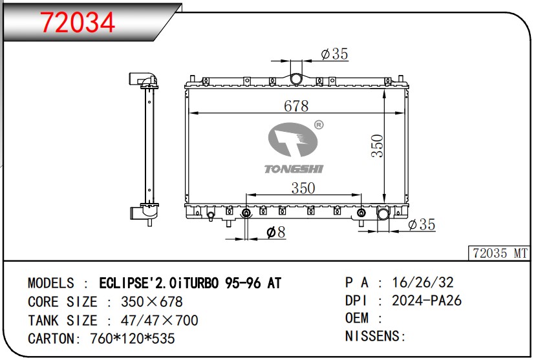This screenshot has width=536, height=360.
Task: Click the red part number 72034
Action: click(x=78, y=22)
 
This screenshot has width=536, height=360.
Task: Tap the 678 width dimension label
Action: click(x=296, y=106)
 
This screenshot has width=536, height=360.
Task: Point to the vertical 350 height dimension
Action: click(x=378, y=146)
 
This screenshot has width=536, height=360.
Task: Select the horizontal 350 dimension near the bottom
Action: click(x=303, y=188)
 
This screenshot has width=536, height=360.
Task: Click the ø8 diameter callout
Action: click(x=276, y=232)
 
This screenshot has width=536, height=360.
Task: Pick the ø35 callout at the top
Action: click(x=335, y=54)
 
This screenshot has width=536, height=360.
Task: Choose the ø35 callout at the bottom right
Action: click(x=422, y=224)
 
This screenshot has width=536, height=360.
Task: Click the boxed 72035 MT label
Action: click(x=500, y=253)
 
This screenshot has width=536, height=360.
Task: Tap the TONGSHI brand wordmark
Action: click(x=294, y=169)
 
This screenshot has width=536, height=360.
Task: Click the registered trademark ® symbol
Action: click(x=319, y=125)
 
